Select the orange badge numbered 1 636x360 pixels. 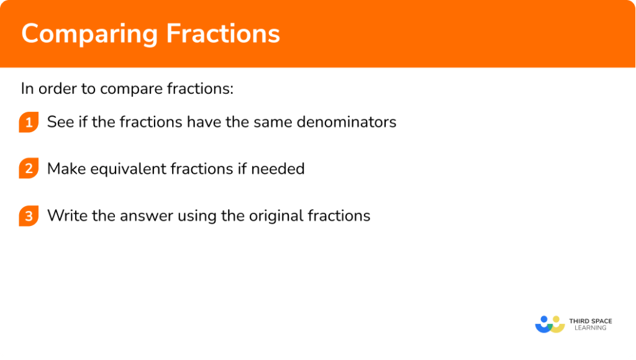29,122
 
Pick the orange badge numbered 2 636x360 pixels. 29,169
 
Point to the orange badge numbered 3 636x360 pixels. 29,216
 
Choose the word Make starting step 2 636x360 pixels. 65,169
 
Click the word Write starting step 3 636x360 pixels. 65,215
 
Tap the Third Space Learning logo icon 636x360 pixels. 550,324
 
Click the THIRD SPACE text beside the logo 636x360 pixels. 590,321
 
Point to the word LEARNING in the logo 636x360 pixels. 590,328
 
